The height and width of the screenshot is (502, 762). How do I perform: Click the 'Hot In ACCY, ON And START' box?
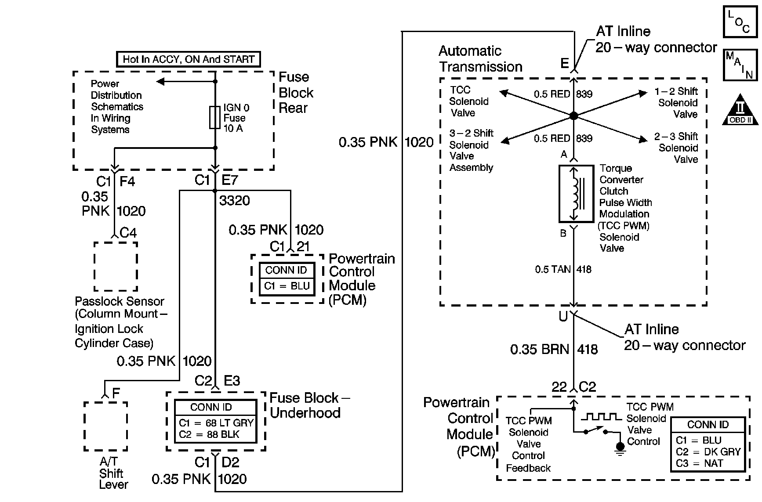click(189, 59)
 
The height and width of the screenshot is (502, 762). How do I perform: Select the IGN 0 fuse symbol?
click(215, 117)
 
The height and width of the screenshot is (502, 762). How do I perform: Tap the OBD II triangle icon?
click(740, 109)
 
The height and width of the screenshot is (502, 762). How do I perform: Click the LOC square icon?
click(740, 21)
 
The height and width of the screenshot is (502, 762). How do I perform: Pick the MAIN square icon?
click(740, 65)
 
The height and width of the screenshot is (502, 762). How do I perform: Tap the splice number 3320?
click(234, 201)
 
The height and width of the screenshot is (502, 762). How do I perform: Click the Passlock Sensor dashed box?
click(116, 267)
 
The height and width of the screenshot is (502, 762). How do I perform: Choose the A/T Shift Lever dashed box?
click(105, 426)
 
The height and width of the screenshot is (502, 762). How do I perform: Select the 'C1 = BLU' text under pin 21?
click(287, 286)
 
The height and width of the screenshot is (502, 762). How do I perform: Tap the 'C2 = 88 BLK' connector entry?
click(209, 435)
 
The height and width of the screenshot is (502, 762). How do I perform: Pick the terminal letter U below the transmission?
click(563, 316)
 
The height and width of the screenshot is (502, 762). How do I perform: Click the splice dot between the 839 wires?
click(573, 116)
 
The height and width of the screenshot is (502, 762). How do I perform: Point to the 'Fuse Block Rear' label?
click(296, 93)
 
